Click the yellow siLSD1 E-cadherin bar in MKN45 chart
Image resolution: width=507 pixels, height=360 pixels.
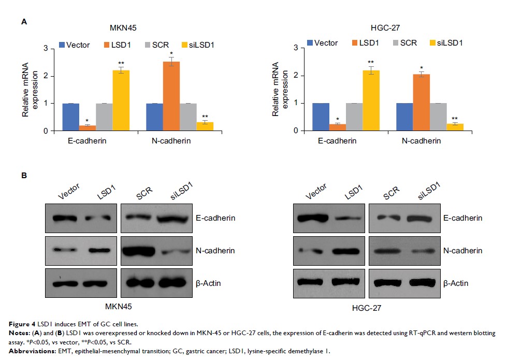point(121,100)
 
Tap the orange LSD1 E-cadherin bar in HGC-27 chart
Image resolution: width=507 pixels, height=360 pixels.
point(338,127)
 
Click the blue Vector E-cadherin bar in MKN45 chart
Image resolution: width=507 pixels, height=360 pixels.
point(71,117)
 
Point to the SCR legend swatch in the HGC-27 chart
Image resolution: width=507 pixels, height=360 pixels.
point(397,43)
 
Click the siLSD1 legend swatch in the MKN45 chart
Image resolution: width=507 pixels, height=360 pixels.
point(186,45)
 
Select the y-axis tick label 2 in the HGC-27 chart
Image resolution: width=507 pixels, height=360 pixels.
point(295,76)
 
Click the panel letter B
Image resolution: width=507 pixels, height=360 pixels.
point(24,176)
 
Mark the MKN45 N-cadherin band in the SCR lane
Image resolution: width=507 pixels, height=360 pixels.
point(137,251)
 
